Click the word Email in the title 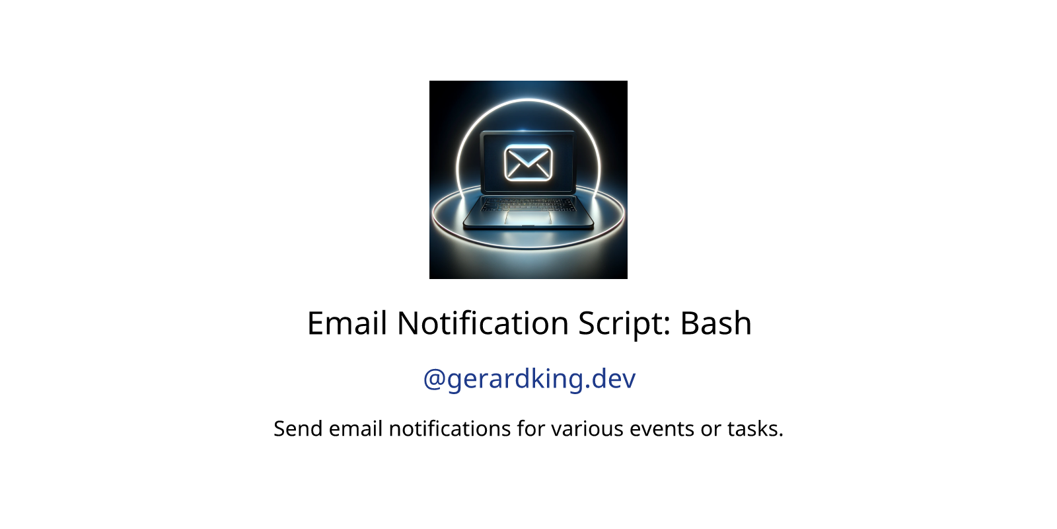347,323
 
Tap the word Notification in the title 483,323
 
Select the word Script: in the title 624,325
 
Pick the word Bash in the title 716,323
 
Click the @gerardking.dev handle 529,380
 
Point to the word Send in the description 298,429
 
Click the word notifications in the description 450,429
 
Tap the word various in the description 587,429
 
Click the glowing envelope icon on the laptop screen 528,163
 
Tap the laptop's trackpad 528,218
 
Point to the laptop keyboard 528,204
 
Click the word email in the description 355,429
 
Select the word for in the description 531,429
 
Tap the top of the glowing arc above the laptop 528,100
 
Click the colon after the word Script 667,326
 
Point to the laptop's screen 528,162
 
